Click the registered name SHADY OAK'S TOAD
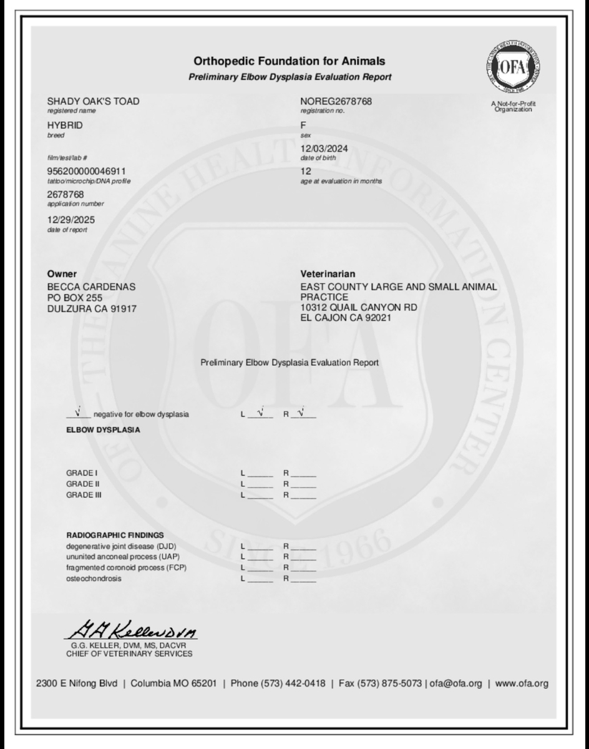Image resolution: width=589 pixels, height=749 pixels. (x=94, y=101)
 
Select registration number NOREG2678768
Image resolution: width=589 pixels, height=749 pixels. (x=336, y=101)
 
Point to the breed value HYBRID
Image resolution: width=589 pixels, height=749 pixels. (x=65, y=125)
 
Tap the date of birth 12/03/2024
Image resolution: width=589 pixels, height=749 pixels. (x=324, y=149)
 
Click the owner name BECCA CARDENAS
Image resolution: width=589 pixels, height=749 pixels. (x=91, y=286)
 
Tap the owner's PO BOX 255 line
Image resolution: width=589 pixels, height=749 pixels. (x=75, y=298)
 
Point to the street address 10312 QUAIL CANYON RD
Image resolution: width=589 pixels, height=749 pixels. (x=359, y=307)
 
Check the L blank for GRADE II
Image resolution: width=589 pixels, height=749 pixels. (x=261, y=484)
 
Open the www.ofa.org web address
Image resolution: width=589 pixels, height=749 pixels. (x=522, y=683)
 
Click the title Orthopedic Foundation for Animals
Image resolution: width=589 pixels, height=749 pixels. (x=290, y=61)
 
